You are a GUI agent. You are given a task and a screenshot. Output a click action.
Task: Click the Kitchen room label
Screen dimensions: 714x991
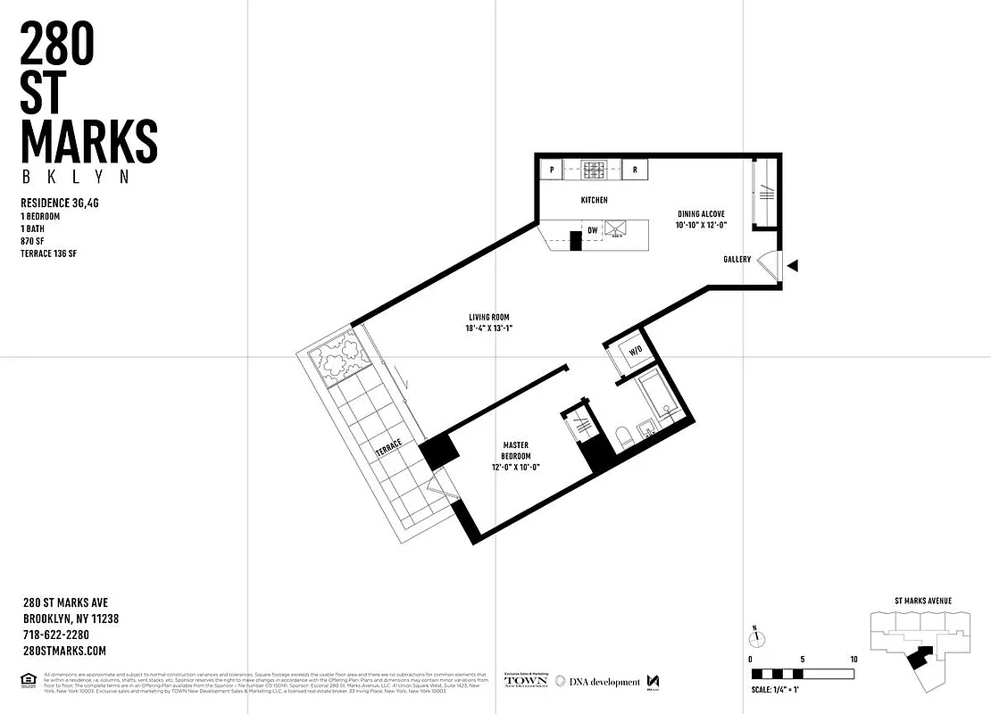[594, 201]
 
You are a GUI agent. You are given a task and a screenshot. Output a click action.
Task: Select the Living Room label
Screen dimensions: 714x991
[488, 322]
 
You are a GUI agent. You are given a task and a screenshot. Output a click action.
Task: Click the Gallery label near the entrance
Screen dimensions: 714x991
[737, 260]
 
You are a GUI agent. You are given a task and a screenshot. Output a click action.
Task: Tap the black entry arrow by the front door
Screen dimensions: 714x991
[793, 266]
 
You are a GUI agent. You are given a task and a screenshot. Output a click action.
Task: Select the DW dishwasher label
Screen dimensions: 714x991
[592, 231]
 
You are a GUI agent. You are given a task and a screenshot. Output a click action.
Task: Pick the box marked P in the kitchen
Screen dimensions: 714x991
[552, 169]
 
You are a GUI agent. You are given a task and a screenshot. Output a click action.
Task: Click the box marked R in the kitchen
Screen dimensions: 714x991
[635, 169]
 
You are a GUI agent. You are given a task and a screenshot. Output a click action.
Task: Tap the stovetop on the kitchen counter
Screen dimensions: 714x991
[594, 169]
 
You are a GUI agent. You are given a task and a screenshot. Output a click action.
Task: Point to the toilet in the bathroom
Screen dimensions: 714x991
[625, 437]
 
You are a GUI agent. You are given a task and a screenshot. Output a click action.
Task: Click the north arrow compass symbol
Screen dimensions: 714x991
[755, 637]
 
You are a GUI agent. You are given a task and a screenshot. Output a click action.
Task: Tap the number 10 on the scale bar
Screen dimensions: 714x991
[854, 659]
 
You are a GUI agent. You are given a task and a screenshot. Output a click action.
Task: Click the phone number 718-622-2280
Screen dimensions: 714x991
[55, 635]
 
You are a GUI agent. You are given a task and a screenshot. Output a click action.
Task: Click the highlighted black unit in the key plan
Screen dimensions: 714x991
[919, 659]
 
